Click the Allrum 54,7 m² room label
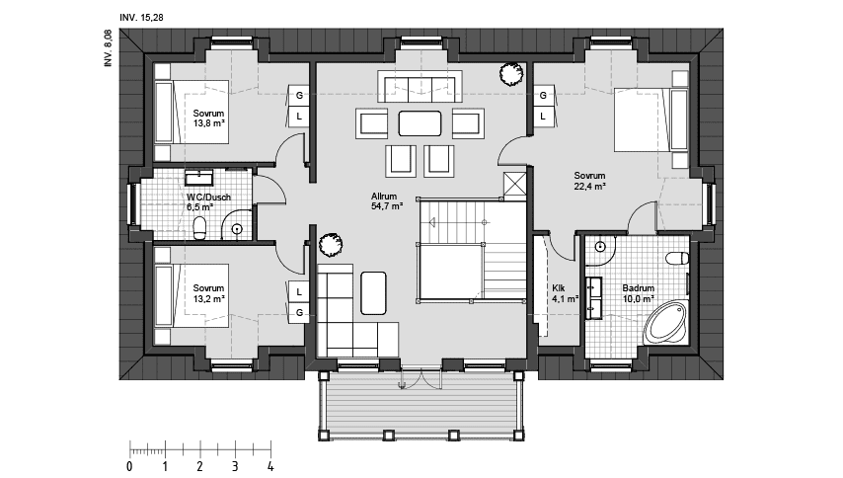click(x=387, y=201)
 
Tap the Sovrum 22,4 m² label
click(x=589, y=181)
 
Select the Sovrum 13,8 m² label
click(x=208, y=119)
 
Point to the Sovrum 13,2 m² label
click(x=208, y=293)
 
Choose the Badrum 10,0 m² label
click(x=639, y=293)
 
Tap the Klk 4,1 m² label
click(x=565, y=293)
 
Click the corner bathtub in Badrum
click(x=666, y=323)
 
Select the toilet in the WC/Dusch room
click(x=200, y=228)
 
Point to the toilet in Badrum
click(x=677, y=258)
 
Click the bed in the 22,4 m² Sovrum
click(x=651, y=119)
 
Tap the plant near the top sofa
click(x=510, y=74)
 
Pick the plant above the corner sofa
click(x=330, y=245)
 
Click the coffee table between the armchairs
click(x=420, y=123)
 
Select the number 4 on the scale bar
click(x=270, y=466)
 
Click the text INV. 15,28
click(x=141, y=18)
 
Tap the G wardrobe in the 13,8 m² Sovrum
click(x=299, y=95)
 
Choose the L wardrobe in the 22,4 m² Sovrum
click(x=543, y=117)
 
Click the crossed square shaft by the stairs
click(x=514, y=186)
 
